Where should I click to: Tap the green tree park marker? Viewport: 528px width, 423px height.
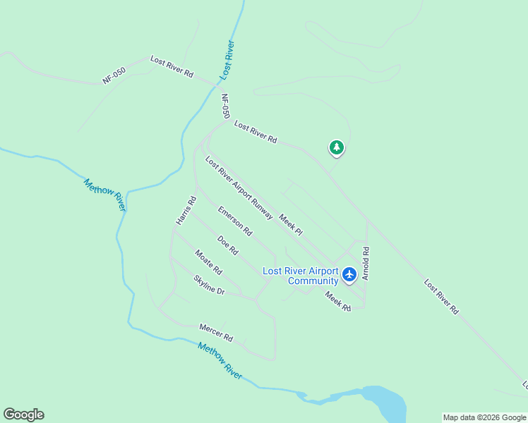[x=337, y=147]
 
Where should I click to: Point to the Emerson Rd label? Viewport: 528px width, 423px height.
[x=235, y=220]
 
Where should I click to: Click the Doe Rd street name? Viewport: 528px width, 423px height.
[x=228, y=245]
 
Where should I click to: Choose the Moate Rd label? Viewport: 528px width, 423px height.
[x=209, y=263]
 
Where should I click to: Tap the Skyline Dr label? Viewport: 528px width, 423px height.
[x=209, y=285]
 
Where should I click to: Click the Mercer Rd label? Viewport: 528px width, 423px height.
[x=216, y=333]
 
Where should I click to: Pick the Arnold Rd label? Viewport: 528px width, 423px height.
[x=366, y=264]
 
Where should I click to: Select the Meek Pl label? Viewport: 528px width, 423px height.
[x=291, y=224]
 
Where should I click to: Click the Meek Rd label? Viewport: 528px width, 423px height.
[x=338, y=302]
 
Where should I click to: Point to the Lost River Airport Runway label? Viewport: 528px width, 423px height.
[x=239, y=188]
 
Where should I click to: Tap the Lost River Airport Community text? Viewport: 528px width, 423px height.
[x=301, y=276]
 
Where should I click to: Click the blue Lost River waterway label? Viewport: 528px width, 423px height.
[x=227, y=60]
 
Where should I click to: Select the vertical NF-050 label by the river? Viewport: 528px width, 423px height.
[x=226, y=106]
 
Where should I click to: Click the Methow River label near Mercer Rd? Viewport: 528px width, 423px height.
[x=220, y=361]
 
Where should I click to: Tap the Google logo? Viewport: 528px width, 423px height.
[x=24, y=415]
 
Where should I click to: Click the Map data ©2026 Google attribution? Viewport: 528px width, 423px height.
[x=485, y=417]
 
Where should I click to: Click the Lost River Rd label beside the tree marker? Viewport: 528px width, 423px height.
[x=256, y=132]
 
